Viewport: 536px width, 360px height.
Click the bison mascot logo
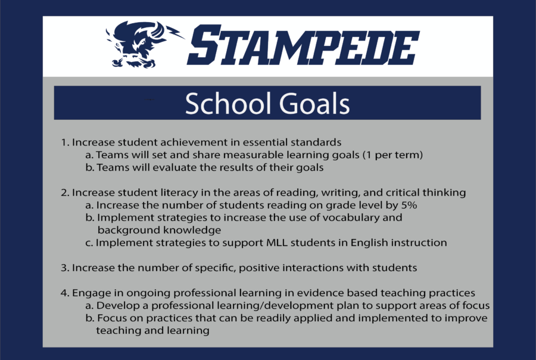coord(137,45)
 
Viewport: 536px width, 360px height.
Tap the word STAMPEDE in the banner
coord(303,45)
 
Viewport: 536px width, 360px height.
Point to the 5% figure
coord(409,205)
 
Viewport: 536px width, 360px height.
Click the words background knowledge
coord(159,230)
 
